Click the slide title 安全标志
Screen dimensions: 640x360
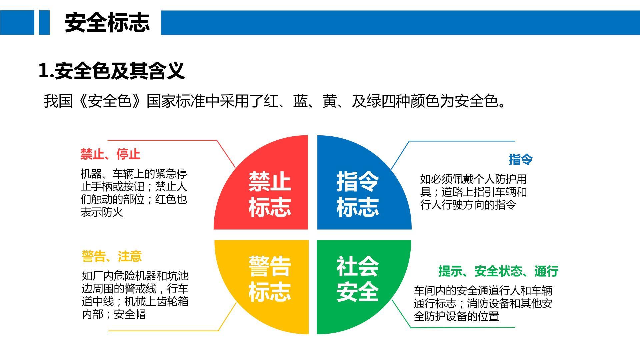tap(107, 23)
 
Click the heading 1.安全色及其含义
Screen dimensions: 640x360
tap(112, 71)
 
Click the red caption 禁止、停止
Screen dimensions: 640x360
tap(110, 154)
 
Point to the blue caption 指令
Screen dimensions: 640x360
tap(520, 159)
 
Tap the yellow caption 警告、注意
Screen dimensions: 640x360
tap(112, 256)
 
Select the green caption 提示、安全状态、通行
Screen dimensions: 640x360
tap(498, 271)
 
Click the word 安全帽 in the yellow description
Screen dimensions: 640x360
tap(130, 314)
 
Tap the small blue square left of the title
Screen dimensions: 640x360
tap(44, 22)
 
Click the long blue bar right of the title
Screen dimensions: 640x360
tap(400, 22)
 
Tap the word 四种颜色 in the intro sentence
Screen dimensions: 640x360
tap(410, 101)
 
